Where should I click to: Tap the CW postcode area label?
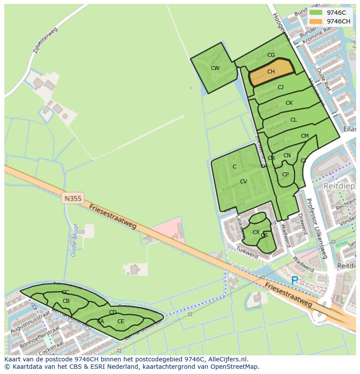coord(215,68)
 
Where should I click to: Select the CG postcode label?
coord(271,55)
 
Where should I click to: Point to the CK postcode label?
coord(289,103)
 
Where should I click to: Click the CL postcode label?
coord(293,120)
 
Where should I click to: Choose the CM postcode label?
coord(304,136)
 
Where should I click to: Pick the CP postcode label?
coord(285,175)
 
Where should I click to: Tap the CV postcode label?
coord(243,182)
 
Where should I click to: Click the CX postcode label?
coord(256,232)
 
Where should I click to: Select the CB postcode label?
coord(66,301)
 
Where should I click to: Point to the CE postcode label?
coord(120,321)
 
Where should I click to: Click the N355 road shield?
coord(73,198)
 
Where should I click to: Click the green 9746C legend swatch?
coord(316,13)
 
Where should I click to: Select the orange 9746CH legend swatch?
coord(316,21)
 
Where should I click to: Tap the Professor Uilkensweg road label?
coord(316,228)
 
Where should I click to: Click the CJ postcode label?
coord(280,87)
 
